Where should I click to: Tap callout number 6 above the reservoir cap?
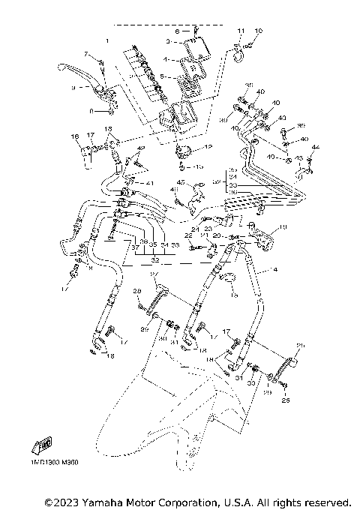coord(178,31)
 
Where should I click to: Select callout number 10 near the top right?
coord(258,31)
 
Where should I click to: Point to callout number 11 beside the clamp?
coord(241,31)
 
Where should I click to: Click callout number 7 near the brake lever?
coord(86,55)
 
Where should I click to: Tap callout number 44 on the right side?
coord(315,147)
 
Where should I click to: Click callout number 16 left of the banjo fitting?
coord(75,136)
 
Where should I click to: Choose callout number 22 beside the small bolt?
coord(188,236)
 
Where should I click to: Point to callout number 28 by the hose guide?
coord(137,291)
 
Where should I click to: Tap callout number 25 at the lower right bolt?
coord(284,400)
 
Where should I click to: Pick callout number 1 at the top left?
coord(108,39)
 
